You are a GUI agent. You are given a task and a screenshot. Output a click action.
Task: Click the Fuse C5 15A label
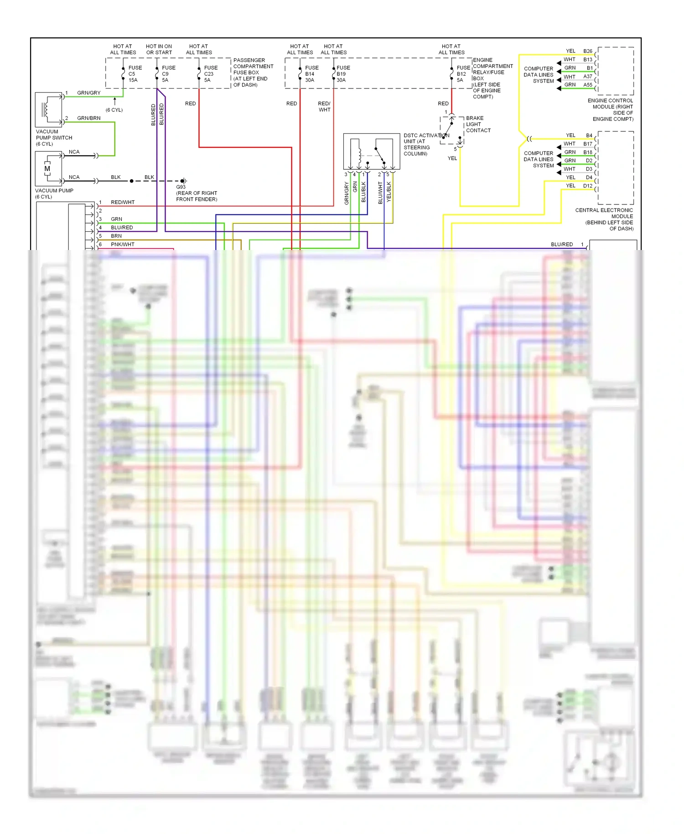[x=135, y=74]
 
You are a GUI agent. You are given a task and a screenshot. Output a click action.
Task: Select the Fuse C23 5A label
[x=211, y=74]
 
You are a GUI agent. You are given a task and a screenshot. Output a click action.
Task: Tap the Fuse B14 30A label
[x=312, y=74]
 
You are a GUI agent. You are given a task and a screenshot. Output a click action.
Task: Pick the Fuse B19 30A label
[x=343, y=74]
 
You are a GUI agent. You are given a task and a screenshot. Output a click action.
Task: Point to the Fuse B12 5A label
[x=463, y=74]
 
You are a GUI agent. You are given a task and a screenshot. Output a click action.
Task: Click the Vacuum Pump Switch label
[x=54, y=137]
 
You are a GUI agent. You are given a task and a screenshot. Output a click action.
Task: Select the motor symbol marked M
[x=47, y=169]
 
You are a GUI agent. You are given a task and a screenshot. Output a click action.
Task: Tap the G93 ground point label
[x=196, y=193]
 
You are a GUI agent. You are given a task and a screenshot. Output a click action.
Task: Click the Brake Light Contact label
[x=478, y=124]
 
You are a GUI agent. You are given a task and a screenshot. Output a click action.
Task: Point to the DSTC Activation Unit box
[x=372, y=151]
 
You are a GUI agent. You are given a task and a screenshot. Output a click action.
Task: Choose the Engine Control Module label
[x=611, y=109]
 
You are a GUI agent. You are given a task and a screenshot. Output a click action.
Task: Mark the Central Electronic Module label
[x=605, y=219]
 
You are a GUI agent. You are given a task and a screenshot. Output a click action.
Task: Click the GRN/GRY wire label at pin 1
[x=88, y=93]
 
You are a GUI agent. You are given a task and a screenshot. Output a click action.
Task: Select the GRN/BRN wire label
[x=88, y=118]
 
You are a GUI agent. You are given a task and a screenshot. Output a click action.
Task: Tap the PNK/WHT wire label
[x=122, y=245]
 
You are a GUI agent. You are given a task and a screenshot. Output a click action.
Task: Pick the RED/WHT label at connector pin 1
[x=122, y=202]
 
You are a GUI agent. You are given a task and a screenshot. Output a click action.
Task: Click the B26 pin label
[x=587, y=51]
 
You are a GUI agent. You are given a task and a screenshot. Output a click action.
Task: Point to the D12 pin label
[x=587, y=186]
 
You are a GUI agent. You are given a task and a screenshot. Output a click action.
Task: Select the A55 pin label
[x=587, y=85]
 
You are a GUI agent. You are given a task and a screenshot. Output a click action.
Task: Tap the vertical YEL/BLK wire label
[x=389, y=192]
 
